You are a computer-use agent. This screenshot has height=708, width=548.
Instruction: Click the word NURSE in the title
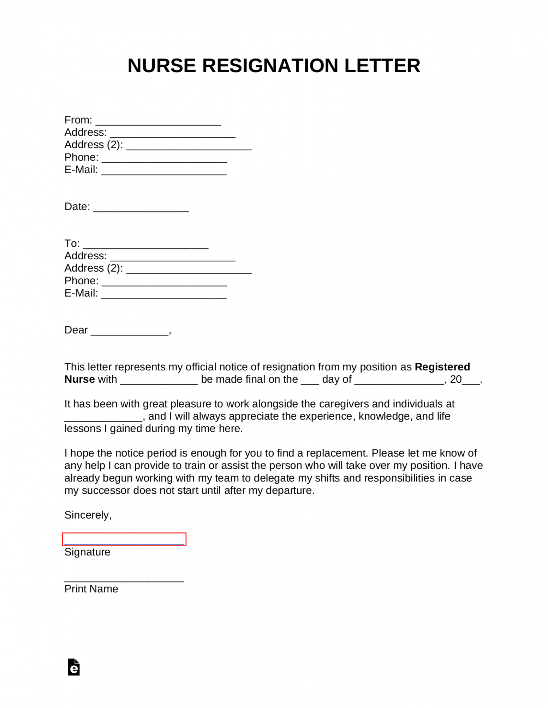pos(161,66)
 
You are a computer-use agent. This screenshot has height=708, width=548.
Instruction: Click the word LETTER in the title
pos(382,66)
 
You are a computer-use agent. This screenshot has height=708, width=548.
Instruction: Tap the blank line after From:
pos(158,121)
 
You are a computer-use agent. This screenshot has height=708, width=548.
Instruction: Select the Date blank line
pos(141,208)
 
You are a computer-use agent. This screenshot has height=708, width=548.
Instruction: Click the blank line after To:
pos(145,245)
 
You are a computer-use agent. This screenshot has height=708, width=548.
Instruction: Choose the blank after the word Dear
pos(130,331)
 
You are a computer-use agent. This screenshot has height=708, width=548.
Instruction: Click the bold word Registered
pos(442,367)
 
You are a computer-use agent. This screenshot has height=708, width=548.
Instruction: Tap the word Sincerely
pos(88,515)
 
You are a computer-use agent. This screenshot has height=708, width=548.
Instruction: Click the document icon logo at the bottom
pos(73,667)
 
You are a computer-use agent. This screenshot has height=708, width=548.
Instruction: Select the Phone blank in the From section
pos(164,159)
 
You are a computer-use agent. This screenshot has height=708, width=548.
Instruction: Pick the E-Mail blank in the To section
pos(163,295)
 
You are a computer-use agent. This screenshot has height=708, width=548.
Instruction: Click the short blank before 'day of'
pos(310,381)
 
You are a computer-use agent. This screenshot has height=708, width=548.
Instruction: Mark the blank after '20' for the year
pos(471,381)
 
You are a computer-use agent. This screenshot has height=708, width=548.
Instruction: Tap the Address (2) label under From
pos(94,145)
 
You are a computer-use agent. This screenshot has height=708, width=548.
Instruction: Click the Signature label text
pos(87,552)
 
